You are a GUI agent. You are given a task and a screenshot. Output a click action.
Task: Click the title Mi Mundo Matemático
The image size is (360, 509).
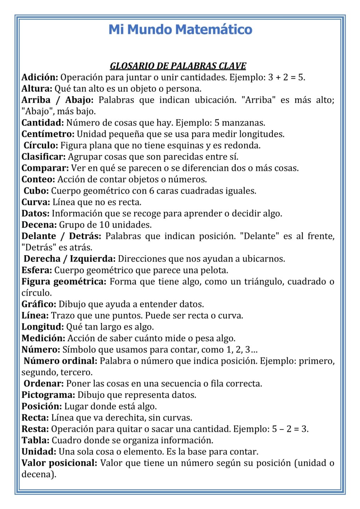tap(180, 29)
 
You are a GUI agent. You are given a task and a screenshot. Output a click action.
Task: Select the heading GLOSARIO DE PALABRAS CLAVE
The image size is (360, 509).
tap(178, 66)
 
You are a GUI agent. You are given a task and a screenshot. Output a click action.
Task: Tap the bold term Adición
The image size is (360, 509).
tap(40, 77)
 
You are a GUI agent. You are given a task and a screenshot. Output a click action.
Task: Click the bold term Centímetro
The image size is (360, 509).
tap(48, 134)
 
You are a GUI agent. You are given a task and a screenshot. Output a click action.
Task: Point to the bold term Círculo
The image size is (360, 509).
tap(41, 146)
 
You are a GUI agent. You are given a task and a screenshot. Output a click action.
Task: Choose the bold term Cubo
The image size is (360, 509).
tap(36, 191)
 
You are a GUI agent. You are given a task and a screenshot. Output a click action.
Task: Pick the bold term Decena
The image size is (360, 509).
tap(39, 225)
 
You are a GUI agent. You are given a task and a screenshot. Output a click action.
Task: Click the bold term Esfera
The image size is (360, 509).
tap(37, 270)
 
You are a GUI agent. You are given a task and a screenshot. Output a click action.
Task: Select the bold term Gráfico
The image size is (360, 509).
tap(39, 304)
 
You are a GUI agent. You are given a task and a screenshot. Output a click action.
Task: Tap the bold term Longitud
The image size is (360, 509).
tap(42, 327)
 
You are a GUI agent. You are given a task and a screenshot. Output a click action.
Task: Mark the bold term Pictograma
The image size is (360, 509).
tap(48, 395)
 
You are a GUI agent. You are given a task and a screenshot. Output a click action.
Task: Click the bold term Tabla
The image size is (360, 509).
tap(35, 440)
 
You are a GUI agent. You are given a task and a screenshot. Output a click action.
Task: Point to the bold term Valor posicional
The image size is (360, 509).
tap(59, 463)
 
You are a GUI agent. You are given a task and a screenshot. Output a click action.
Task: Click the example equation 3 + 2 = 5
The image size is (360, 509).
tap(286, 77)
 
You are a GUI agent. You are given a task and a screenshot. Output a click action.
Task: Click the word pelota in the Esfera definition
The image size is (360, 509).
tap(215, 270)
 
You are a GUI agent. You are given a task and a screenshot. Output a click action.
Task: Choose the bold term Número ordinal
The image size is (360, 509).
tap(60, 361)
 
